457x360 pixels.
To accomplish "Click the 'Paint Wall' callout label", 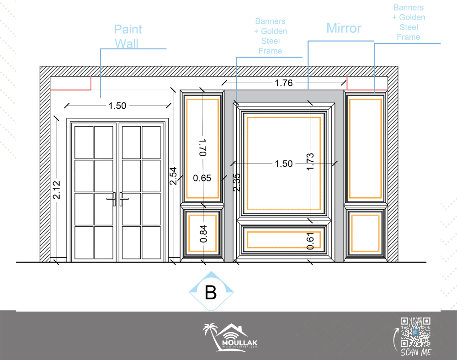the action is [128, 37].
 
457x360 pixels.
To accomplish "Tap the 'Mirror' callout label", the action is [344, 28].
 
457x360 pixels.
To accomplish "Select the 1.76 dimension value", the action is [284, 83].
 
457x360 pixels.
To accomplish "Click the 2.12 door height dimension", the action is [57, 190].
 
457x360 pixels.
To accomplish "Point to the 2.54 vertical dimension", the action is [173, 176].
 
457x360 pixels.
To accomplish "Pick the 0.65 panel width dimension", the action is [202, 178].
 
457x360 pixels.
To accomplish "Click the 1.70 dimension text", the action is [203, 147].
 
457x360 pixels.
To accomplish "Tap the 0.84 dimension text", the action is [203, 233].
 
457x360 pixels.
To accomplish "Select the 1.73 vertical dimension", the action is [310, 161].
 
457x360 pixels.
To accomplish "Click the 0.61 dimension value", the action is [310, 241].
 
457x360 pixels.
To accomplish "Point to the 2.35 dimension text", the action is [237, 182].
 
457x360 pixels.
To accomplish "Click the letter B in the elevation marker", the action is [211, 292].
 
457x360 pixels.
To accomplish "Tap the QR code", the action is [415, 332].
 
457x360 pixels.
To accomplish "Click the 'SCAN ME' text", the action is [415, 352].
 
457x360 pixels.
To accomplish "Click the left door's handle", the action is [112, 199].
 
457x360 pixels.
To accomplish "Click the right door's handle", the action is [123, 199].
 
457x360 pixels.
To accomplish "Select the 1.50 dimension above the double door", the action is [117, 106].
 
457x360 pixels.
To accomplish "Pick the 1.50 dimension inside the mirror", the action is [284, 164].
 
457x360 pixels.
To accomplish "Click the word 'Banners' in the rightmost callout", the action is [408, 8].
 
